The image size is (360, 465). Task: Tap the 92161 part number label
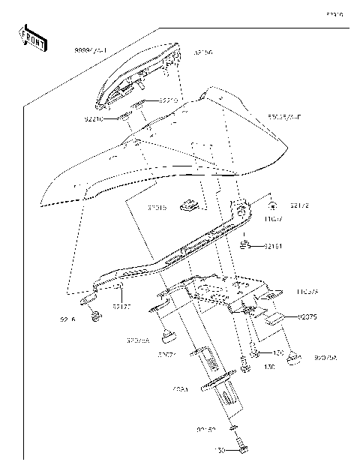click(273, 245)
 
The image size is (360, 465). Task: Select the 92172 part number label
click(280, 205)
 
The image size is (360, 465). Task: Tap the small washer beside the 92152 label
click(233, 429)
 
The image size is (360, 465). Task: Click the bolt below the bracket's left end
click(95, 318)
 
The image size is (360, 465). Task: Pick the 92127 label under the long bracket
click(121, 306)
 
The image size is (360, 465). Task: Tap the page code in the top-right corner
click(334, 13)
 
